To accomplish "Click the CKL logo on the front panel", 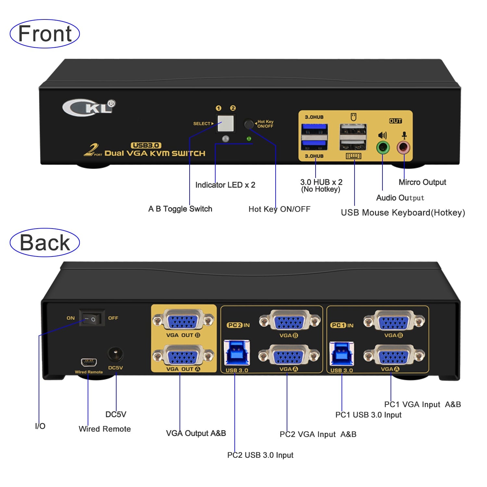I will point(88,107).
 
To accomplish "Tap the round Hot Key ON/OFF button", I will point(249,124).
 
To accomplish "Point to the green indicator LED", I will point(249,139).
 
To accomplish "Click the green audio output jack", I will point(382,148).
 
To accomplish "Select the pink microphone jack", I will point(404,148).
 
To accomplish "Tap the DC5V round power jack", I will point(115,355).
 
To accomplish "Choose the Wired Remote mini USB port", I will point(89,362).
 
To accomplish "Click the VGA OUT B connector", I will point(183,320).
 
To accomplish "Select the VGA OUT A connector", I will point(183,356).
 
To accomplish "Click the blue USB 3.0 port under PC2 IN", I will point(237,353).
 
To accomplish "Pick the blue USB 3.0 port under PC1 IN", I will point(342,354).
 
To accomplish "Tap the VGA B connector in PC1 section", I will point(394,321).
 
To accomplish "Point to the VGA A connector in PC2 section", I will point(289,356).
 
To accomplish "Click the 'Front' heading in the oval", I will point(45,34).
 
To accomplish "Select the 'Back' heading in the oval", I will point(45,243).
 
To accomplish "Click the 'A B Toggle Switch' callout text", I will point(180,209).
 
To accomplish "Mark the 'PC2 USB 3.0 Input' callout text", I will point(260,455).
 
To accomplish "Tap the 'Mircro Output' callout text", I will point(422,182).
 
